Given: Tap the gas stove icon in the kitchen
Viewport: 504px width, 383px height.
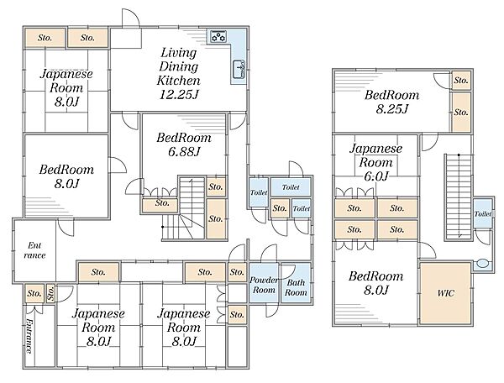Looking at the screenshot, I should coord(219,36).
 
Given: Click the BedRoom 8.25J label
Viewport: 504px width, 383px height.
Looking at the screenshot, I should coord(386,102).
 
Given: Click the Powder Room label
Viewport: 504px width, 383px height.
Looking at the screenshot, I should coord(264,284).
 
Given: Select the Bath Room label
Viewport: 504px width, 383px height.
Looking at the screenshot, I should coord(295,287).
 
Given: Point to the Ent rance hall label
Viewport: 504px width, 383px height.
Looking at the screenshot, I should coord(34,249).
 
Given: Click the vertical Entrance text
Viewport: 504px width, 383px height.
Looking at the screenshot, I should coord(29,336).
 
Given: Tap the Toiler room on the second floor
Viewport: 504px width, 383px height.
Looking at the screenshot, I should coord(482,213).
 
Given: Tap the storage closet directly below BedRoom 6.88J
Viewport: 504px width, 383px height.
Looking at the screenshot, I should coord(161,202).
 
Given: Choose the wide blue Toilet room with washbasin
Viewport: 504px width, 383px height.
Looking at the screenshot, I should coord(291,187).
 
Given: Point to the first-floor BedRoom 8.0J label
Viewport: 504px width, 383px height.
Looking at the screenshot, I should coord(66,176).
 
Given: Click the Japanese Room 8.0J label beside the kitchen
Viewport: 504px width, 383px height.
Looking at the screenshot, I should coord(66,88).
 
